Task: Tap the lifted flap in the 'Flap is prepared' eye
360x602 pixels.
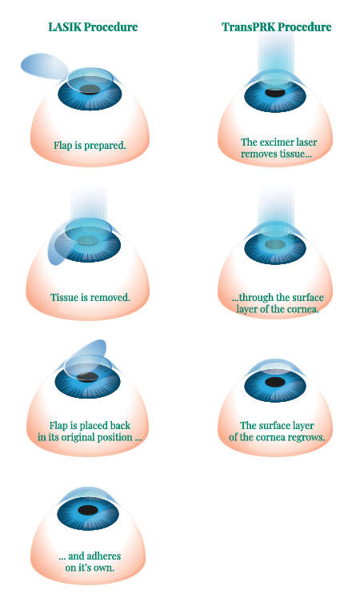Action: (43, 66)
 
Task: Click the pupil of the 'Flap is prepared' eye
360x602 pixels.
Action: (90, 90)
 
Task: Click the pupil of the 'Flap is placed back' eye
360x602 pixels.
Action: (87, 377)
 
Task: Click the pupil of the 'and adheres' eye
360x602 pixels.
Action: (88, 510)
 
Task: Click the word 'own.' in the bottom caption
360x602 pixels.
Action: (104, 568)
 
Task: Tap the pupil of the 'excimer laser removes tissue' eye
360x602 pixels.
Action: (275, 93)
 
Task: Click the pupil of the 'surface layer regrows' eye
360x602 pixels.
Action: (275, 382)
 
